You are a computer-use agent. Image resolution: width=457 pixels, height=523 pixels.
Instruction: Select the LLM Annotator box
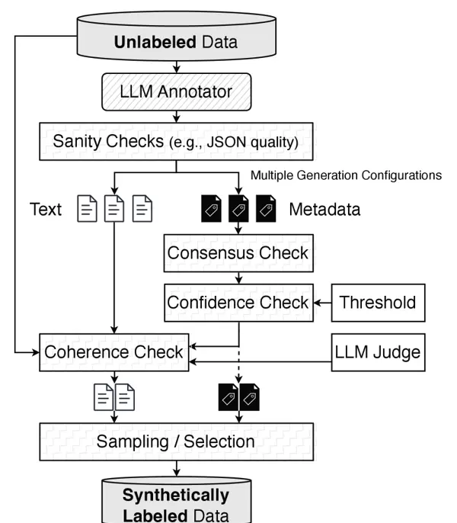click(x=177, y=94)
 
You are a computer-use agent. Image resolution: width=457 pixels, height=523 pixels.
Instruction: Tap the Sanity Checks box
click(x=177, y=142)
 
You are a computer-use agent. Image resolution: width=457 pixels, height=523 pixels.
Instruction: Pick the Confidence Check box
click(x=240, y=303)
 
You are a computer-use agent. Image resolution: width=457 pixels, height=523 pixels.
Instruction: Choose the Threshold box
click(x=378, y=303)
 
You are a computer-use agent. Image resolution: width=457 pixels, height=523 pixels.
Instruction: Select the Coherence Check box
click(x=114, y=353)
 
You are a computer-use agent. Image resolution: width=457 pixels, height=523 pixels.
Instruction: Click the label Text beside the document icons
click(x=46, y=209)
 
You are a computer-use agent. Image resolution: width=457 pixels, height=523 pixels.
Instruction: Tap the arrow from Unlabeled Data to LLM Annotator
click(x=177, y=66)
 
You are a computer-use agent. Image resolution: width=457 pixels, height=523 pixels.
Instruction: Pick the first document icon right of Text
click(x=88, y=209)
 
